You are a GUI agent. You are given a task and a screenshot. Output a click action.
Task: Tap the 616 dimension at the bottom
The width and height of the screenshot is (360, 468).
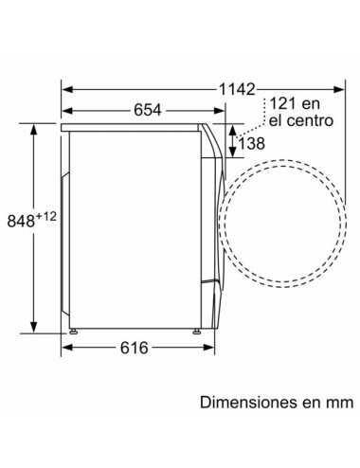pos(135,349)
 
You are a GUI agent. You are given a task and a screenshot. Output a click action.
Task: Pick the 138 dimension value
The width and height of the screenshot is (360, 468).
pos(250,142)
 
